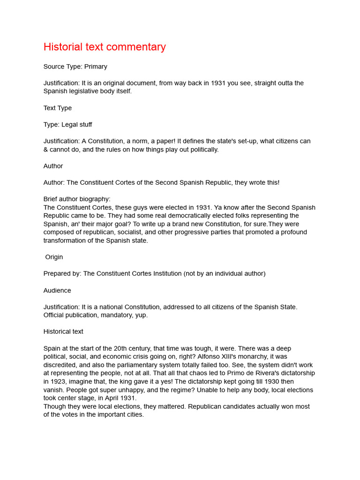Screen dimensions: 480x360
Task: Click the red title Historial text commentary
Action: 105,47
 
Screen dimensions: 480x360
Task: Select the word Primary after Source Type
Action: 96,67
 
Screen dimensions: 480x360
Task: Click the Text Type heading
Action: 58,108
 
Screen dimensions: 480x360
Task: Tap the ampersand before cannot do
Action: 46,150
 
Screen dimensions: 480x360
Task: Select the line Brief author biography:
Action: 77,199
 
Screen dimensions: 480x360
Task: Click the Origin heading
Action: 54,257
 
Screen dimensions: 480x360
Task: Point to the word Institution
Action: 178,274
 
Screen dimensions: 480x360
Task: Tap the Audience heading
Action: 57,291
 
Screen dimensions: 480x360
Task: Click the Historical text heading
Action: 63,331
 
